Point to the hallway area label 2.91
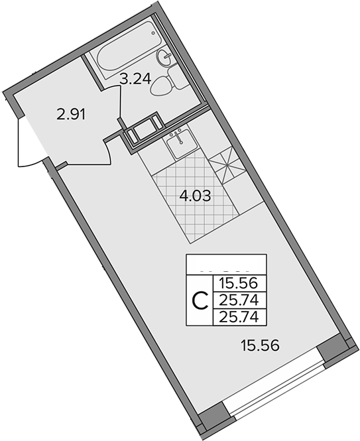[x=72, y=114]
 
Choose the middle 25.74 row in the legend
[x=237, y=301]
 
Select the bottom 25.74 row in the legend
[x=237, y=317]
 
